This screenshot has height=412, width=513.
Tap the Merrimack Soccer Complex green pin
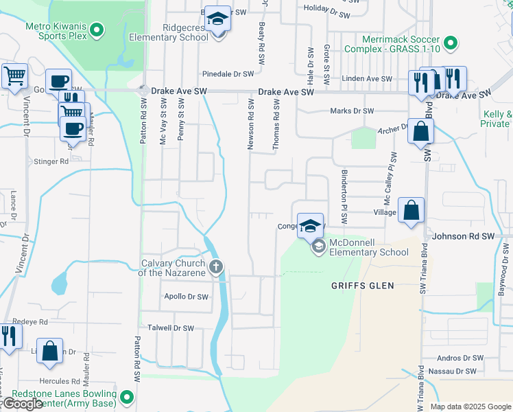451,43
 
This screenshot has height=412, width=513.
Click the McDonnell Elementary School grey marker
318,247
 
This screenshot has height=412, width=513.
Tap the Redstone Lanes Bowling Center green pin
127,397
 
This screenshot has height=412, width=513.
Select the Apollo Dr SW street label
186,297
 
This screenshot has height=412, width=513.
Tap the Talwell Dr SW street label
167,328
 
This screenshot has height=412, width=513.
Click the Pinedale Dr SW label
228,73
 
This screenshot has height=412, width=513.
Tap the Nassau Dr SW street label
451,371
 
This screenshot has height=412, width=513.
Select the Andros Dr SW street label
460,358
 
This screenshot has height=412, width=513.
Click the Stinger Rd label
51,162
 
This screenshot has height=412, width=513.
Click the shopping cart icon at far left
14,76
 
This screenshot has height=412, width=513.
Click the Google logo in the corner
22,404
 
